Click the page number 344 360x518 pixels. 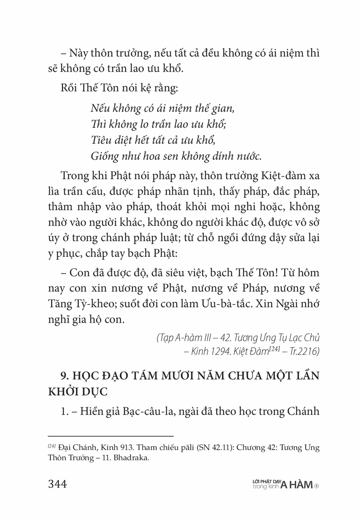58,484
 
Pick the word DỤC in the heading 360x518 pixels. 96,391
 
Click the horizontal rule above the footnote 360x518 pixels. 111,436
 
